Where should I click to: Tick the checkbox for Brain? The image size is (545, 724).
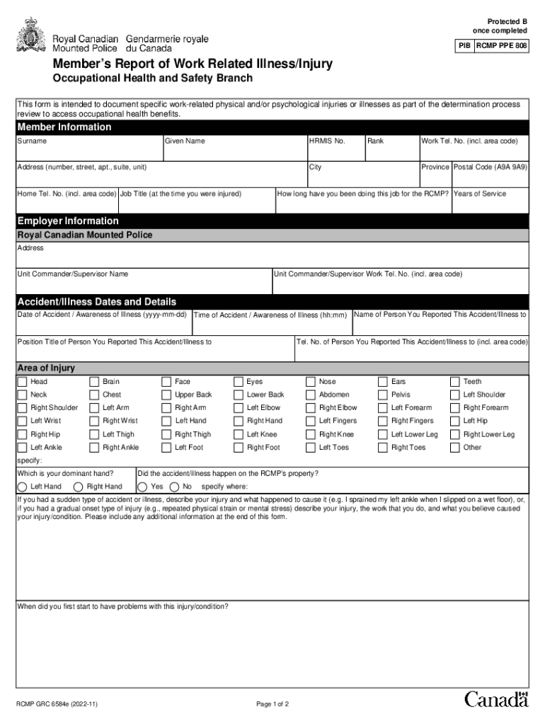pos(94,382)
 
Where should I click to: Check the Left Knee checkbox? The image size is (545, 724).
pos(239,434)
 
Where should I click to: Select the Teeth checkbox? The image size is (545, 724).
pos(455,382)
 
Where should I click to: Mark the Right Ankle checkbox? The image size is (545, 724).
pos(94,448)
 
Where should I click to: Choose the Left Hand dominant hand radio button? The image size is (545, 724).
pos(23,486)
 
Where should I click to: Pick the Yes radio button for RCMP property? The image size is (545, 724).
pos(142,486)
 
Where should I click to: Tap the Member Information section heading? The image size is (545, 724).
pos(64,127)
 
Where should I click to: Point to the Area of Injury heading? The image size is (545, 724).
pos(46,368)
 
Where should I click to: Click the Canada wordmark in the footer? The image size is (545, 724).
pos(496,699)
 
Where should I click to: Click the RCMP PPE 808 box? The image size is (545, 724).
pos(501,46)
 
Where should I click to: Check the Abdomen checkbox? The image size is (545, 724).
pos(311,395)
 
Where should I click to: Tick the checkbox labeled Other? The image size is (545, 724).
pos(455,448)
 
